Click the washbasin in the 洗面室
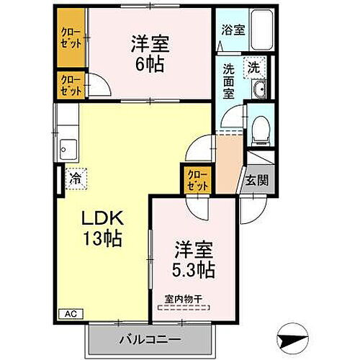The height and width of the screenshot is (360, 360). tap(261, 89)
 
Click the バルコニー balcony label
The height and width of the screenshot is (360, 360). tap(149, 338)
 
